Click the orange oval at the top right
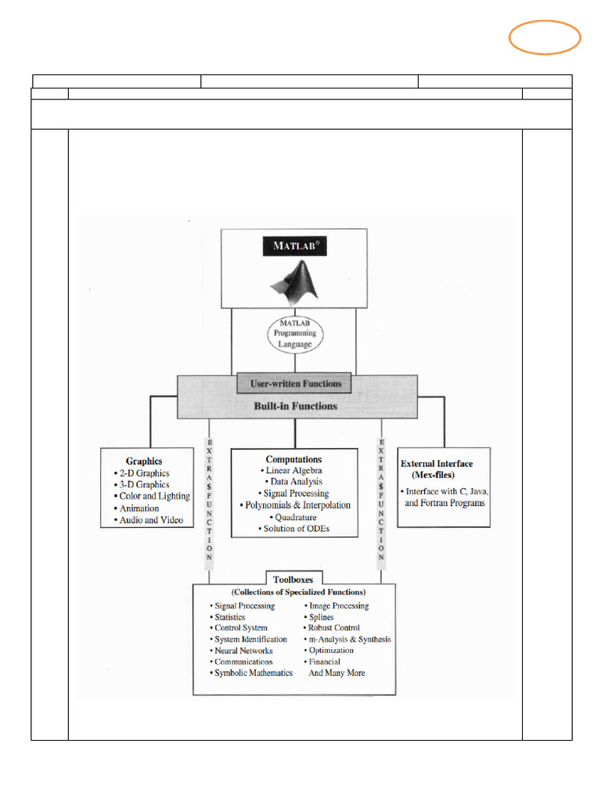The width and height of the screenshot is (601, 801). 545,38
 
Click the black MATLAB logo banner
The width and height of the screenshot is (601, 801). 295,246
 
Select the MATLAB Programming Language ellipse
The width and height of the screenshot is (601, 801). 294,333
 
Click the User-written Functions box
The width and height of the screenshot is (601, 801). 295,384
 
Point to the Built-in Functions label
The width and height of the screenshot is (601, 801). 295,406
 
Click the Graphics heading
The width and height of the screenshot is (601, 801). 144,462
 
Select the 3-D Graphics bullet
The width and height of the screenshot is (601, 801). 143,484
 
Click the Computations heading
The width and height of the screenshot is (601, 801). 293,459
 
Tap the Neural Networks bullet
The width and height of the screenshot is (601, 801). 243,650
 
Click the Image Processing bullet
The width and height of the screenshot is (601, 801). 338,605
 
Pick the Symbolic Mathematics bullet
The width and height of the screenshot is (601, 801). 253,673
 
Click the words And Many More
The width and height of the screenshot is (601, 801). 336,673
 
